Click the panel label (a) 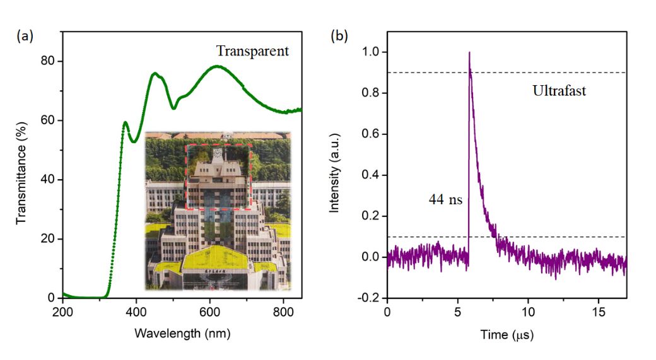point(25,37)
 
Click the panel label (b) point(339,37)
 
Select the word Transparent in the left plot point(252,51)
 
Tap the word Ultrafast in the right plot point(559,91)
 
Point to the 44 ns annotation point(445,201)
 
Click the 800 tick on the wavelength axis point(283,311)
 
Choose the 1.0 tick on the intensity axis point(371,52)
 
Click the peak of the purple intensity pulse point(469,53)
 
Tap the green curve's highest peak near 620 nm point(217,66)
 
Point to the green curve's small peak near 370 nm point(126,122)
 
